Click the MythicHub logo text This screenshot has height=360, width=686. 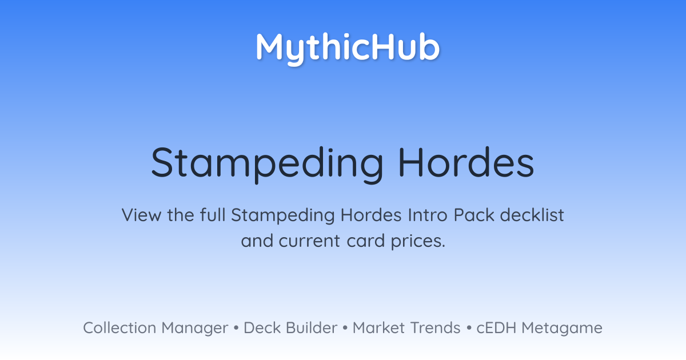coord(348,49)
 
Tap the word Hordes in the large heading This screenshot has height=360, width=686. coord(466,162)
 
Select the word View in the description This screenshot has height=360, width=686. coord(142,215)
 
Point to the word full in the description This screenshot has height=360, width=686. coord(213,215)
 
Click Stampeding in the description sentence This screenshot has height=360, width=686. coord(282,216)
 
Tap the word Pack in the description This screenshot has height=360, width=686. coord(474,215)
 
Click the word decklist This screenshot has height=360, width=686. coord(532,215)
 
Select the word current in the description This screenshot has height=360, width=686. coord(309,241)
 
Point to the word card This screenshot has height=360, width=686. coord(366,241)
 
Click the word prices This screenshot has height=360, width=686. coord(418,242)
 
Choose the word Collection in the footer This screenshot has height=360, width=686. coord(119,327)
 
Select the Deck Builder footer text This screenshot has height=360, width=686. coord(290,327)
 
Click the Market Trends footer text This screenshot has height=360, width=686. coord(406,327)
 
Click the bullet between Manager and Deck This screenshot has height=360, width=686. coord(236,328)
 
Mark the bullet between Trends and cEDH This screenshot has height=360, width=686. coord(469,328)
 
